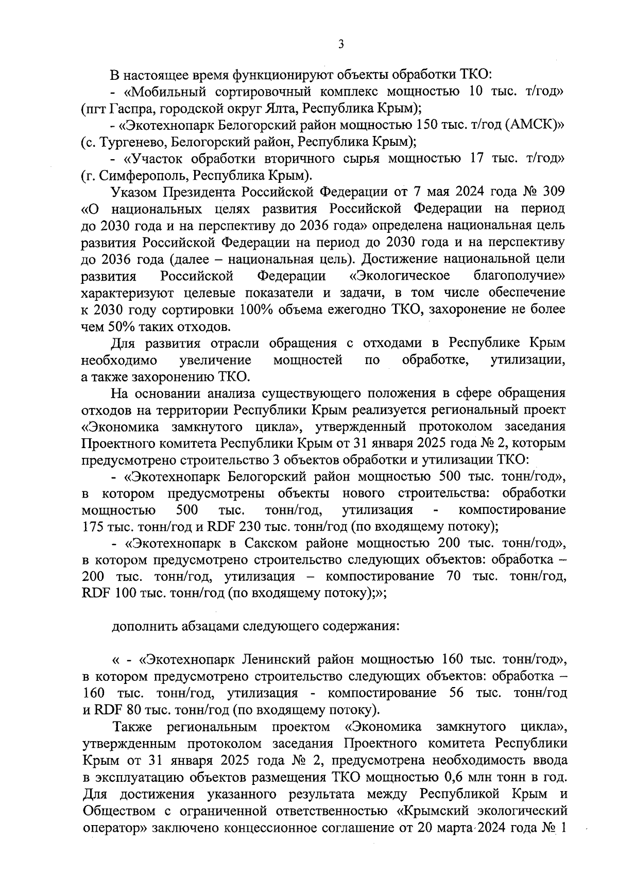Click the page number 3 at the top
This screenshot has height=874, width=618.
(340, 45)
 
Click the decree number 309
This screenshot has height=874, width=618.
(554, 192)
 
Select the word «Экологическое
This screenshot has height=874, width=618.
(399, 276)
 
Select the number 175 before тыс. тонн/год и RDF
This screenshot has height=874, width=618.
(93, 527)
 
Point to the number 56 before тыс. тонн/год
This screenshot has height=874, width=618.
(457, 693)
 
